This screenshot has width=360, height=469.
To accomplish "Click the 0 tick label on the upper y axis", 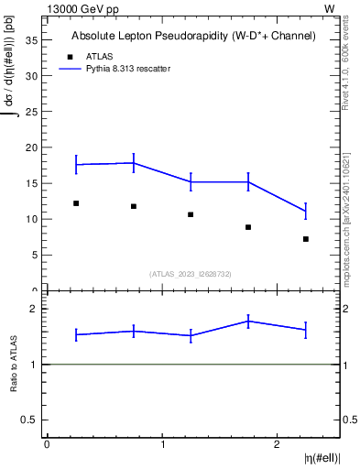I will [36, 290].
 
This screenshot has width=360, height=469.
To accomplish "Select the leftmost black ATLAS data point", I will [76, 203].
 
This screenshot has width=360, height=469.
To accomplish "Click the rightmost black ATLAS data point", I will [306, 239].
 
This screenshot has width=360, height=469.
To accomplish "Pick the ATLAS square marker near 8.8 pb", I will [248, 227].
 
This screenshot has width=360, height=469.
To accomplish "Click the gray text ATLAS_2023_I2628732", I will [191, 273].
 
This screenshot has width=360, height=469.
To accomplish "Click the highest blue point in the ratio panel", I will [248, 321].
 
